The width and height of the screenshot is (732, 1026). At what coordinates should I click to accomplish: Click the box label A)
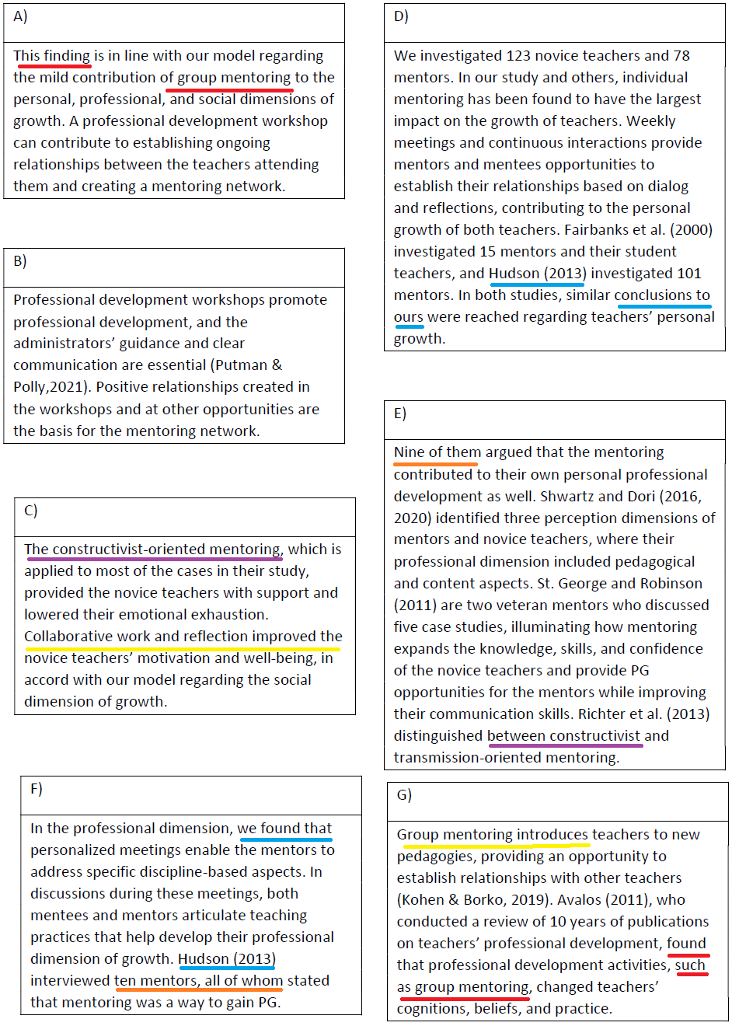[x=20, y=16]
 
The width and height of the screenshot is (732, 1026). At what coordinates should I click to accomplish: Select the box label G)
[x=404, y=794]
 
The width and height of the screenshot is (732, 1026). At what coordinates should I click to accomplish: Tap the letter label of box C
[x=31, y=510]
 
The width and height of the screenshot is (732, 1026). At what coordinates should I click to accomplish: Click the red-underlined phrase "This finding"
[x=51, y=56]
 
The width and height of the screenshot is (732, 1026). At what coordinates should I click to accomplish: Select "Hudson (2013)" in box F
[x=227, y=959]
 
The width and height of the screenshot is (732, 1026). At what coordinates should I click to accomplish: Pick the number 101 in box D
[x=688, y=274]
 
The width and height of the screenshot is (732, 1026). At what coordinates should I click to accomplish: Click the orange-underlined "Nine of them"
[x=437, y=452]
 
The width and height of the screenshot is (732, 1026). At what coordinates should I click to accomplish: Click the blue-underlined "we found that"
[x=284, y=829]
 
